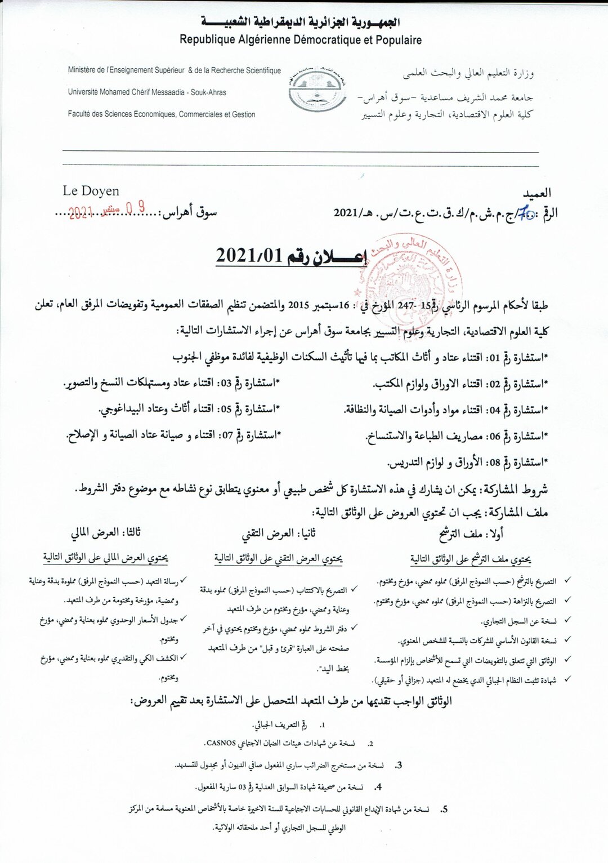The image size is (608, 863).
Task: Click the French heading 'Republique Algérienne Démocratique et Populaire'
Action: click(x=301, y=39)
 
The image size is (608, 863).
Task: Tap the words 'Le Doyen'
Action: click(x=91, y=191)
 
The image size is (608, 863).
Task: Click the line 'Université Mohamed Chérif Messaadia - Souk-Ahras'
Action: click(x=147, y=92)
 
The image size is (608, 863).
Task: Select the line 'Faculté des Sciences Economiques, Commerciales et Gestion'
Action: click(x=162, y=114)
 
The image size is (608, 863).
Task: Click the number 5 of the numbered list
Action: click(x=444, y=809)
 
